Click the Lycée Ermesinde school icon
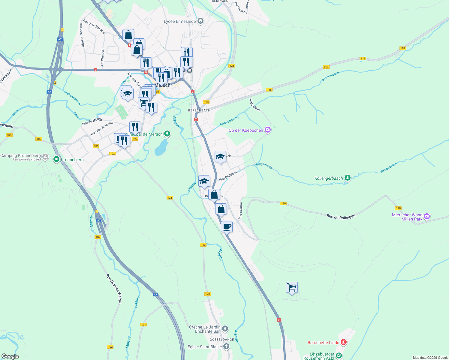200,21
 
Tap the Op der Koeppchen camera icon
267,130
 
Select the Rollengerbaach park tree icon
347,178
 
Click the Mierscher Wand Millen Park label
407,217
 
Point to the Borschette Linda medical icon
344,342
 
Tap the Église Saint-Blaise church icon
226,347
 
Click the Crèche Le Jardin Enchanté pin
225,329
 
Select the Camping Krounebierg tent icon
45,157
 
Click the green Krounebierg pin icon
56,159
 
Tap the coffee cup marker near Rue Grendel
227,227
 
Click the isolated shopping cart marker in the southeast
292,288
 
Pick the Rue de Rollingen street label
341,216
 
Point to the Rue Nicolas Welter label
114,288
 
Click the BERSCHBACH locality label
199,110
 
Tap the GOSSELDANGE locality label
222,340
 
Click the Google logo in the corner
10,356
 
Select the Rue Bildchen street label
228,176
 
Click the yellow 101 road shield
143,325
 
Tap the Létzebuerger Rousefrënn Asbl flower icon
339,356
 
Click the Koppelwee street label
255,105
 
